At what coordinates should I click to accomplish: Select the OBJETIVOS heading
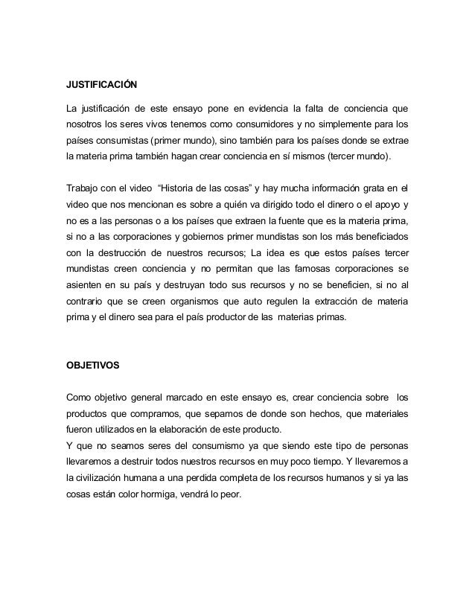pyautogui.click(x=88, y=366)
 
